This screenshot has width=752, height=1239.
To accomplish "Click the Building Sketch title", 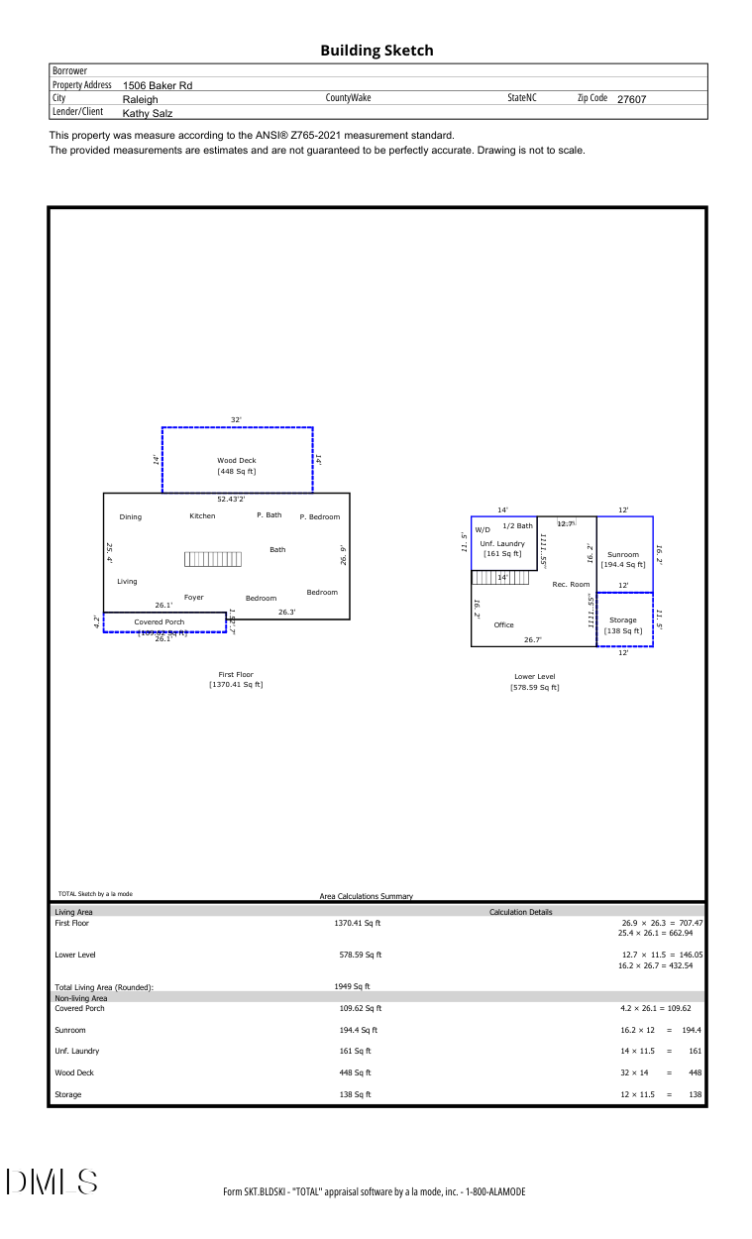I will click(x=376, y=51).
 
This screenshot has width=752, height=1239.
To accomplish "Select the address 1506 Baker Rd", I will click(x=158, y=85).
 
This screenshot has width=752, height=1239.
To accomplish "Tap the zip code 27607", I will click(x=631, y=99).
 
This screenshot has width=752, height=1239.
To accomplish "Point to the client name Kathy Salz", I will click(x=148, y=113).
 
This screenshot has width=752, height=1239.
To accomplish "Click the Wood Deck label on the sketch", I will click(x=237, y=460).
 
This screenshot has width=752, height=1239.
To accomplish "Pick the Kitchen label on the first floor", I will click(x=202, y=515).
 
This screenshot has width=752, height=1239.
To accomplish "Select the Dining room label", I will click(x=131, y=516).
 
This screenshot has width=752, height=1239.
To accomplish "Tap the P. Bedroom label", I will click(x=319, y=516).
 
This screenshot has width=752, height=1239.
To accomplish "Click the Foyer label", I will click(x=193, y=597).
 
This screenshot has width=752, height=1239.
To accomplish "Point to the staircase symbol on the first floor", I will click(x=212, y=559).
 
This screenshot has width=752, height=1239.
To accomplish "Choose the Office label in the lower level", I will click(x=504, y=624).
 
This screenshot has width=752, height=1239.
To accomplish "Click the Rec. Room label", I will click(x=571, y=584).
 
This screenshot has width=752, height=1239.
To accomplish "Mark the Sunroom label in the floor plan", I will click(x=623, y=554).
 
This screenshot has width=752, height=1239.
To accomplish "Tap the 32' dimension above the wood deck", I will click(x=237, y=420).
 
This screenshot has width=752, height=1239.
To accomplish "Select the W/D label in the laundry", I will click(x=483, y=529).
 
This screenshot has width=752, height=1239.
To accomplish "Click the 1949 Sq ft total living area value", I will click(x=352, y=986).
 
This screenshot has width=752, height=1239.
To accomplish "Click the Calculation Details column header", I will click(x=521, y=912).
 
